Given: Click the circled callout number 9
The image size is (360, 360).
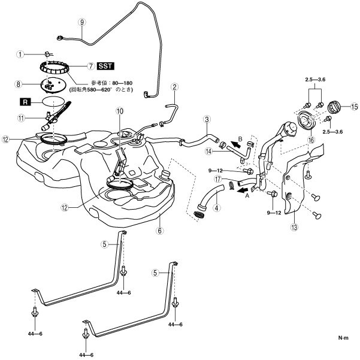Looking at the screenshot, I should (x=82, y=22).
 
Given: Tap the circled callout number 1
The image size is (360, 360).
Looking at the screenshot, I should (x=20, y=54).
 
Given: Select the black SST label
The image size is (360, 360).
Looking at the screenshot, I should (x=106, y=66).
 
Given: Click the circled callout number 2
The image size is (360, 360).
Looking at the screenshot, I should (x=174, y=87).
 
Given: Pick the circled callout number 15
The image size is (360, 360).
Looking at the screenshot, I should (x=354, y=107).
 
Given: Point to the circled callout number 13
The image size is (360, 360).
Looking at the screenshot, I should (x=294, y=227).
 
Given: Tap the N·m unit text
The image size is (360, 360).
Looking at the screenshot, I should (x=343, y=339).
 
